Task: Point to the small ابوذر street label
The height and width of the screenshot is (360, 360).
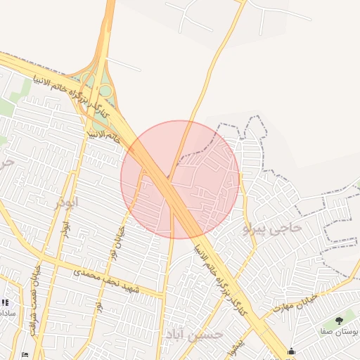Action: (65, 228)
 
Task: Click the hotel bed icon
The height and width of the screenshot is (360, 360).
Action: (26, 354)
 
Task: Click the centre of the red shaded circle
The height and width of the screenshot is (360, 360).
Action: (180, 179)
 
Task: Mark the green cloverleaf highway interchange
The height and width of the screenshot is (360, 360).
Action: (98, 88)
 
